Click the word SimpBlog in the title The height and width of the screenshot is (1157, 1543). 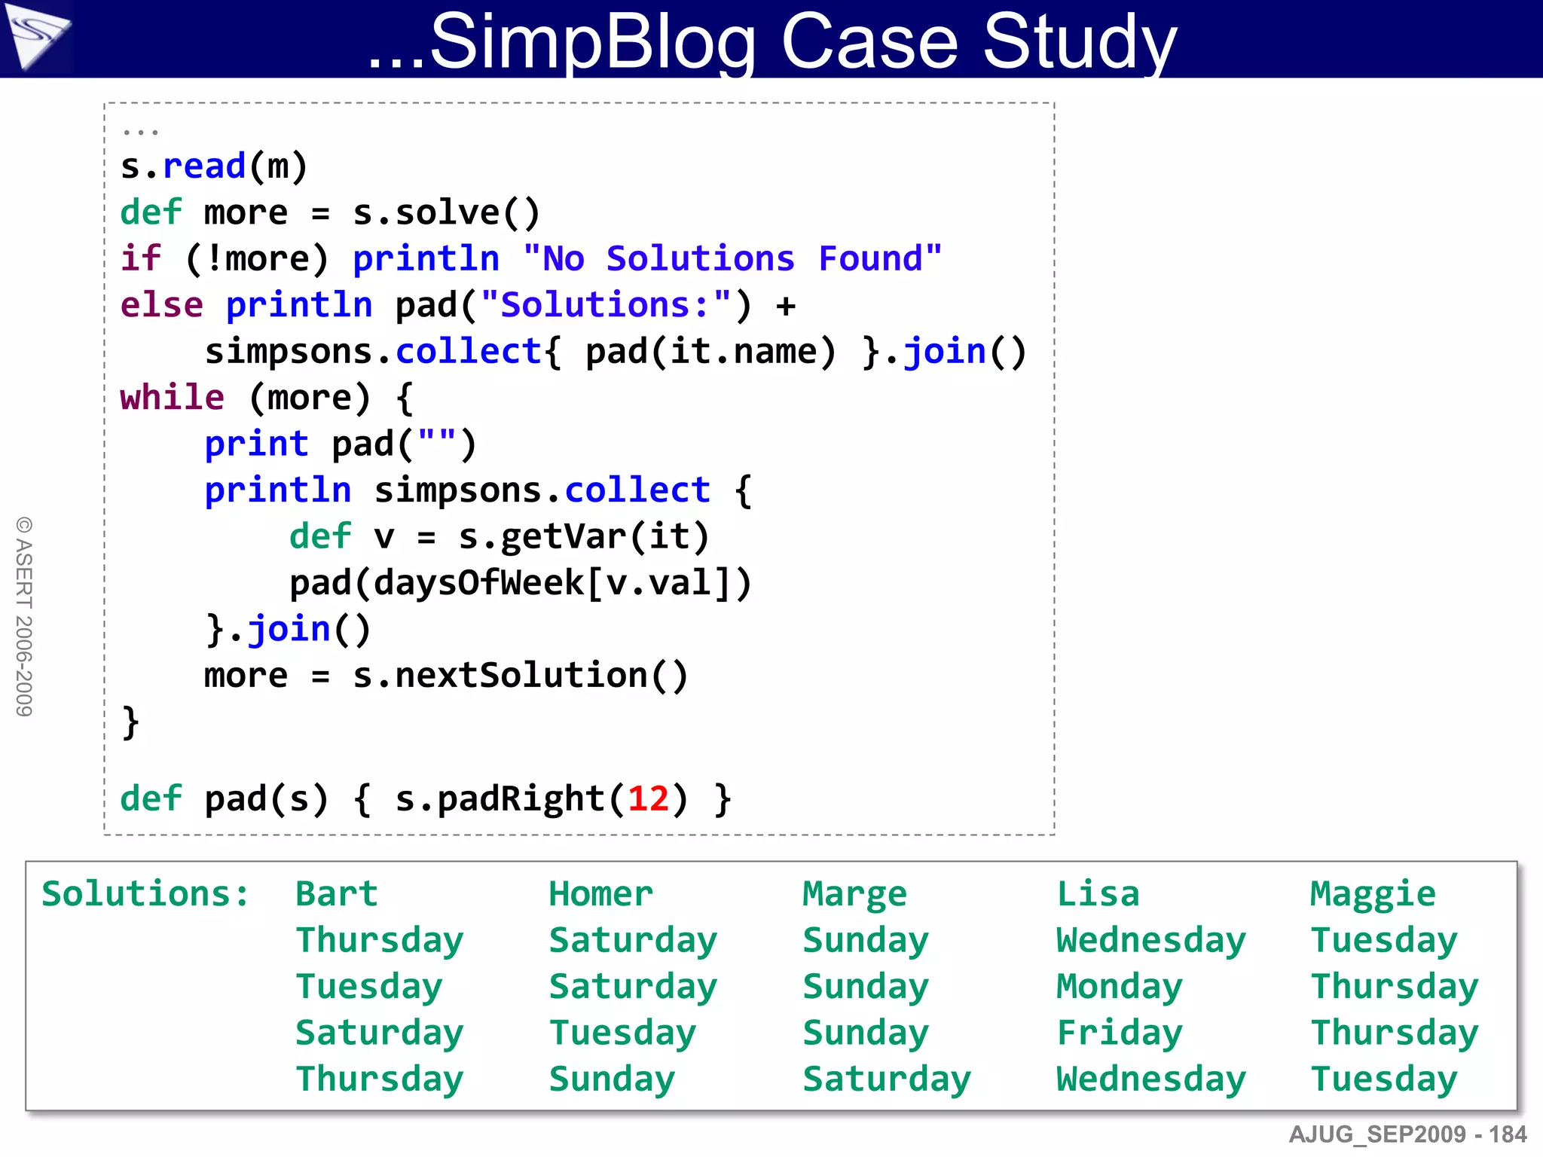pyautogui.click(x=592, y=42)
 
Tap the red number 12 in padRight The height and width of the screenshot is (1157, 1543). pyautogui.click(x=648, y=798)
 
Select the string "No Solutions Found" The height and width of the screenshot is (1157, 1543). pyautogui.click(x=732, y=259)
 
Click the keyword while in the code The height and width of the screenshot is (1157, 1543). pyautogui.click(x=172, y=398)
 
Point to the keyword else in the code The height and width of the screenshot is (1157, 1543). pyautogui.click(x=161, y=306)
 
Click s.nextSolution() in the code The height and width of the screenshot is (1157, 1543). pyautogui.click(x=520, y=676)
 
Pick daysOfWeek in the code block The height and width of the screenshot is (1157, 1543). pyautogui.click(x=479, y=583)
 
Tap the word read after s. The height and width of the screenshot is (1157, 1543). pyautogui.click(x=204, y=166)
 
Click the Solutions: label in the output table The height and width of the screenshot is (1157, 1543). pyautogui.click(x=145, y=894)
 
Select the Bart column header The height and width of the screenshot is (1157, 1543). pyautogui.click(x=336, y=894)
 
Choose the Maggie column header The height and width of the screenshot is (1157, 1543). pyautogui.click(x=1373, y=894)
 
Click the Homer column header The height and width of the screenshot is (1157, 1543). pyautogui.click(x=600, y=894)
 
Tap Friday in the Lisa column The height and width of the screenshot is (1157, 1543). pyautogui.click(x=1120, y=1033)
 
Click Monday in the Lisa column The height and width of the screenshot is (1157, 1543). pyautogui.click(x=1120, y=987)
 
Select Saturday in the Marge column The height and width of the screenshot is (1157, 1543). pyautogui.click(x=887, y=1079)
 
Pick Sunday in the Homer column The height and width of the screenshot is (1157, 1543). pyautogui.click(x=612, y=1079)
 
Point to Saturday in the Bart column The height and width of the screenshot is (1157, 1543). pyautogui.click(x=379, y=1033)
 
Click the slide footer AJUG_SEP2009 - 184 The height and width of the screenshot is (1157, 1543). pyautogui.click(x=1407, y=1134)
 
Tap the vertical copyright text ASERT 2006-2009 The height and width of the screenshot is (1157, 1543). pyautogui.click(x=24, y=616)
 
